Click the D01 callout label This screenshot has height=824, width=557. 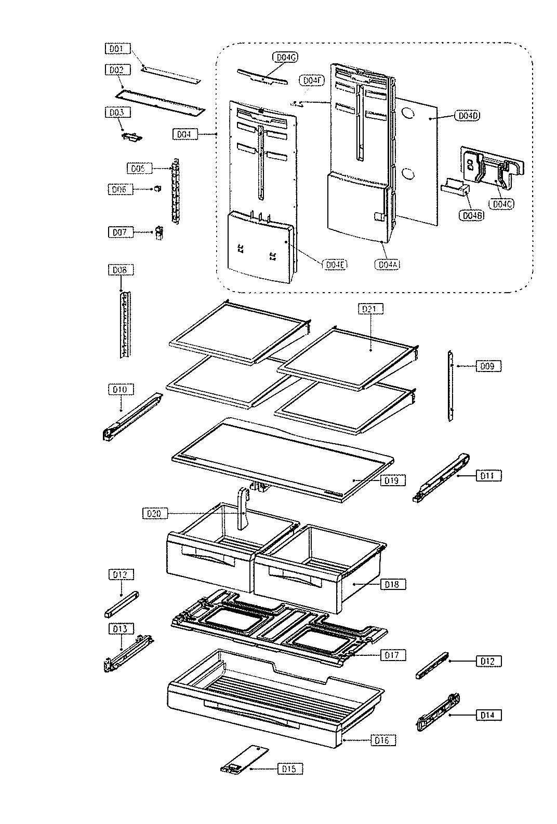pyautogui.click(x=115, y=49)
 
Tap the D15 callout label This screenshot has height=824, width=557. pyautogui.click(x=290, y=769)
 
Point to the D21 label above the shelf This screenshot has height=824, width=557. pyautogui.click(x=370, y=309)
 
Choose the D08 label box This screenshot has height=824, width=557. pyautogui.click(x=120, y=270)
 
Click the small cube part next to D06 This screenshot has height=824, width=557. pyautogui.click(x=155, y=189)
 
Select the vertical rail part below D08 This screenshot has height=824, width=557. pyautogui.click(x=125, y=324)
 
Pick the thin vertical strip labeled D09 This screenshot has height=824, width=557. pyautogui.click(x=450, y=386)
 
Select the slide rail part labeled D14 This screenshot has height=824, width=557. pyautogui.click(x=440, y=712)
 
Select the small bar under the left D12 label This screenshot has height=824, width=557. pyautogui.click(x=122, y=604)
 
